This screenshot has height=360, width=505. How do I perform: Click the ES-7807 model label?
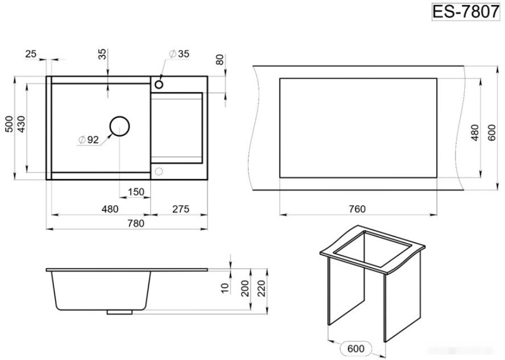pos(465,12)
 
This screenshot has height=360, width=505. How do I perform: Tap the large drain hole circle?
pos(119,126)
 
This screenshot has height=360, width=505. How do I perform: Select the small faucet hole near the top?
pos(159,85)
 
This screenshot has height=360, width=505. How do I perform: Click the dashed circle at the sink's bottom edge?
pos(159,171)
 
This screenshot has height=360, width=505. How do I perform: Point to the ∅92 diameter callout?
pos(88,140)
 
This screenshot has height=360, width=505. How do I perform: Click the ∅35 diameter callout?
pos(179,54)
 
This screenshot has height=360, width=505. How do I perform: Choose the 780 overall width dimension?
pos(136,223)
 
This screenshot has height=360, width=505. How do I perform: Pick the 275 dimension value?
pos(181,209)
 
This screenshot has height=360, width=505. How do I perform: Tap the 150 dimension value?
pos(136,192)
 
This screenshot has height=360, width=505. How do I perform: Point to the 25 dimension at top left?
pos(31,54)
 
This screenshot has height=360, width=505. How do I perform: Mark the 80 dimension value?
pos(220,60)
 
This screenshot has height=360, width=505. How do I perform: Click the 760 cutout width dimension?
pos(357,209)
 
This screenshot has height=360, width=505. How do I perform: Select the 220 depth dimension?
pos(261,288)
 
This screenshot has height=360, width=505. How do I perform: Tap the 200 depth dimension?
pos(245,288)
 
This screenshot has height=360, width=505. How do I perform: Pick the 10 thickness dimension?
pos(225,288)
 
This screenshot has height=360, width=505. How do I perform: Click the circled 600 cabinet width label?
pos(356,349)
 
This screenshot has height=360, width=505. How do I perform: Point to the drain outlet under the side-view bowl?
pos(119,312)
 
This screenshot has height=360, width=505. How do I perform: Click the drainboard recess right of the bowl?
pos(176,128)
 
